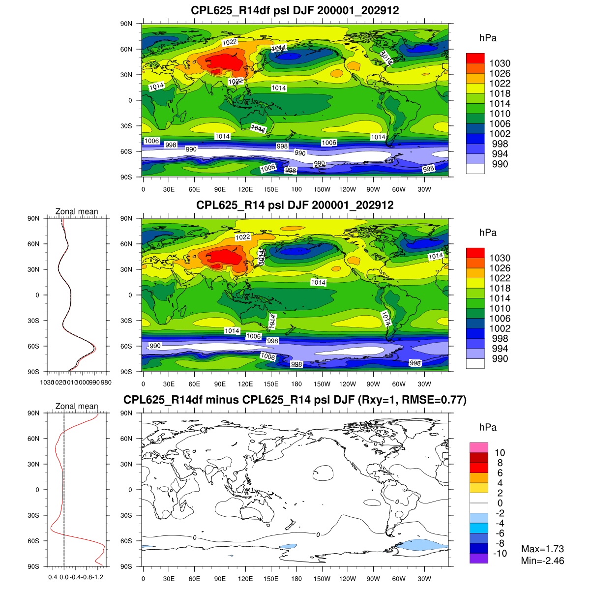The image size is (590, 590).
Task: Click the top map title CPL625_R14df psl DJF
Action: click(x=295, y=10)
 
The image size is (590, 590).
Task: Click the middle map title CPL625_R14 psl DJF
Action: click(x=295, y=205)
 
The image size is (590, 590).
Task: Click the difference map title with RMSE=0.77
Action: click(x=295, y=400)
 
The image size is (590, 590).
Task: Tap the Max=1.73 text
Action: click(x=542, y=549)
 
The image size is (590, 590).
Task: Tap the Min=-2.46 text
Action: click(x=542, y=561)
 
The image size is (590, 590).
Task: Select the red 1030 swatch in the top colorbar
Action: click(x=475, y=59)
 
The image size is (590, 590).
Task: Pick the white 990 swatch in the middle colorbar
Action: click(x=475, y=363)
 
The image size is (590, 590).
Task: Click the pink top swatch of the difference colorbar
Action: click(x=478, y=447)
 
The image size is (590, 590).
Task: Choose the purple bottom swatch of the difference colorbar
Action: click(x=478, y=559)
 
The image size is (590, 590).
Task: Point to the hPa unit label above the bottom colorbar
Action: click(x=488, y=428)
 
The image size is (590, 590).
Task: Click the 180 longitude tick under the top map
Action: click(x=296, y=189)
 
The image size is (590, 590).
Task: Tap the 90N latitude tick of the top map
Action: click(x=127, y=24)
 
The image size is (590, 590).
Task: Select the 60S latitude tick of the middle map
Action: click(x=127, y=346)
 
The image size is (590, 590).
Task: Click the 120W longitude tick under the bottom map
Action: click(x=348, y=579)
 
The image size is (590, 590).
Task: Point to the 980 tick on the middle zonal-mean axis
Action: click(x=106, y=383)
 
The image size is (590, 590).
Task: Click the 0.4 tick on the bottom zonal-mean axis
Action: click(x=53, y=577)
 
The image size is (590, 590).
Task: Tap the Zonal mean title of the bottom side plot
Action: click(x=77, y=406)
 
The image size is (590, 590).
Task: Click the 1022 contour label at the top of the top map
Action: click(x=230, y=42)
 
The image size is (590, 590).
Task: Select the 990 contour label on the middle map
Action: click(x=155, y=346)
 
